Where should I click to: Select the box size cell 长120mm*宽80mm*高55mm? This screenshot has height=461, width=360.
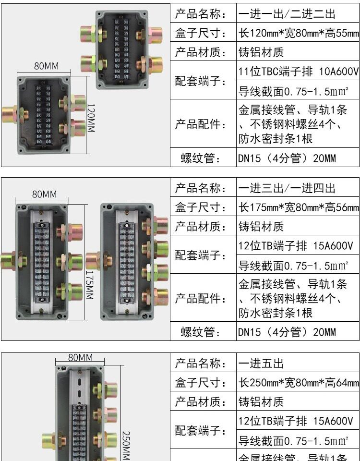tap(298, 34)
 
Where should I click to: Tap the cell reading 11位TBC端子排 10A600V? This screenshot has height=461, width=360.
tap(298, 72)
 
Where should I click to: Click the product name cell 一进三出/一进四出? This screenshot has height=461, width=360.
tap(287, 188)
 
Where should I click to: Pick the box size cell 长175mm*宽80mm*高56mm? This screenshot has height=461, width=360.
tap(298, 207)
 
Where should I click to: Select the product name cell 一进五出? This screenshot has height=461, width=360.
tap(262, 363)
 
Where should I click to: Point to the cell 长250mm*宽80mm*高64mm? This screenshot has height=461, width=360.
tap(298, 383)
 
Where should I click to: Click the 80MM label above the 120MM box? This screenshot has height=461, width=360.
tap(46, 66)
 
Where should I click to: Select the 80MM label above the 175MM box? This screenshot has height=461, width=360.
tap(44, 194)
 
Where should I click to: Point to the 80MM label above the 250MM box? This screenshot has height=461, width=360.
tap(80, 357)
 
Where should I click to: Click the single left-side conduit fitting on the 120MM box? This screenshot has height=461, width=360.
tap(10, 114)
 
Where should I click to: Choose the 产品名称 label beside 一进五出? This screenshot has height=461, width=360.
tap(200, 363)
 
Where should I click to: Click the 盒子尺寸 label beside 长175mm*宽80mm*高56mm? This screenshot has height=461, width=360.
tap(200, 207)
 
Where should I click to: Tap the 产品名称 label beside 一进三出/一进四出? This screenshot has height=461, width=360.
tap(200, 188)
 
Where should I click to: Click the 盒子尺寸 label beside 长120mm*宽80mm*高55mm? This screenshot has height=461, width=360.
tap(200, 34)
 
